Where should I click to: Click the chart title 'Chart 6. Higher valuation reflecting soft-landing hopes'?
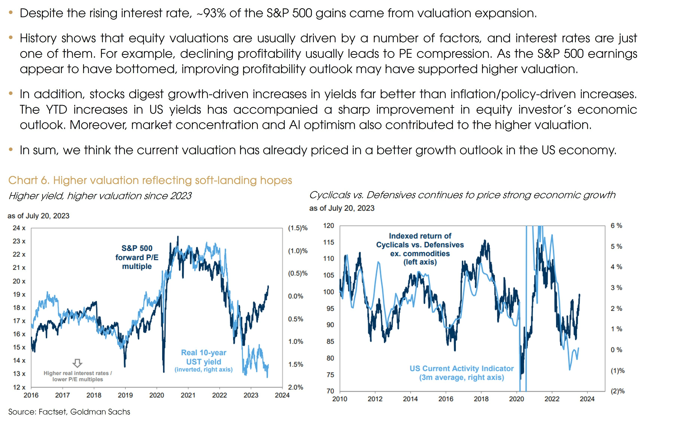click(150, 181)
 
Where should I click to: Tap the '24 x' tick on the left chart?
click(19, 228)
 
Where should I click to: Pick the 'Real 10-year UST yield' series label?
click(204, 357)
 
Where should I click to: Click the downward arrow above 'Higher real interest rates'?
click(77, 363)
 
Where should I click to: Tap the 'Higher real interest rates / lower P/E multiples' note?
click(78, 376)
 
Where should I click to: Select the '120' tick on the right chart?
click(329, 225)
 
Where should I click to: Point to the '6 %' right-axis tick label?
click(616, 225)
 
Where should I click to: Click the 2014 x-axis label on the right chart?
click(410, 399)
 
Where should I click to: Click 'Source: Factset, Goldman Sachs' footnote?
click(69, 412)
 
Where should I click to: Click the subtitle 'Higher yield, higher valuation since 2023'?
click(100, 196)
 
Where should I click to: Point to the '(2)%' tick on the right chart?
click(617, 391)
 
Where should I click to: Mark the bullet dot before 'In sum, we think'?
click(11, 150)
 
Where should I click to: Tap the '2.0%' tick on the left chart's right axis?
click(295, 387)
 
